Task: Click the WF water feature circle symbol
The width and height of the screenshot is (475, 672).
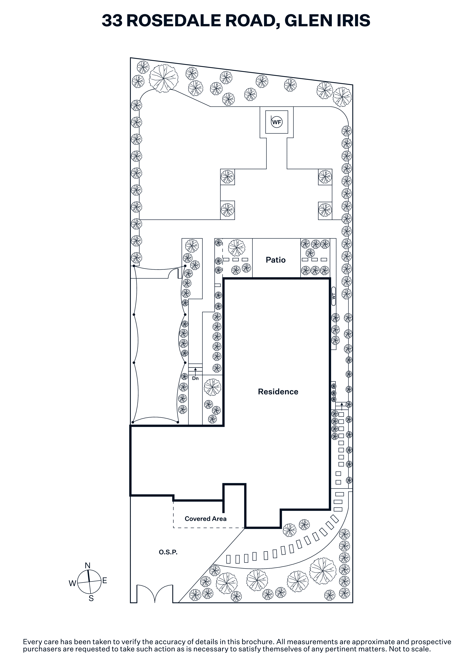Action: [276, 122]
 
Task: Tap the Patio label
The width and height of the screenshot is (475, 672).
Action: [275, 260]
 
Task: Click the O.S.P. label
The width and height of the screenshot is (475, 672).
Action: [168, 552]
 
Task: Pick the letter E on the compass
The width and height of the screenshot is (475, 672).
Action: [104, 580]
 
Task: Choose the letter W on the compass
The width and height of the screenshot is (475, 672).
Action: [72, 583]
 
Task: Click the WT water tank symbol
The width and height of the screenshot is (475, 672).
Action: [333, 296]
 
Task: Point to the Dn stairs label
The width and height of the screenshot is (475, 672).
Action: [195, 379]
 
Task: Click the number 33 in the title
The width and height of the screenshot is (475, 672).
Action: [112, 20]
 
